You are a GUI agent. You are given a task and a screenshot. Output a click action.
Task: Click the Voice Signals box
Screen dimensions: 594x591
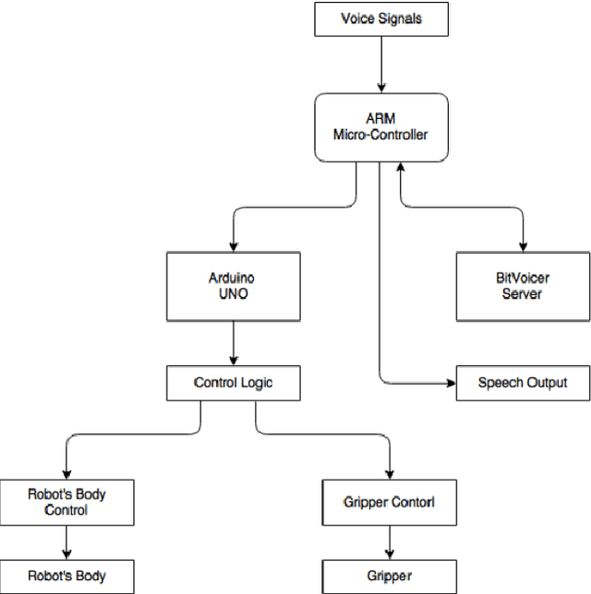pyautogui.click(x=381, y=18)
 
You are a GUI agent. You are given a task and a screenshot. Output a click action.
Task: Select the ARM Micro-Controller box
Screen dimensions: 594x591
pyautogui.click(x=381, y=128)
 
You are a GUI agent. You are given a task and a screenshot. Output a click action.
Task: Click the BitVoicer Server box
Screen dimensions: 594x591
pyautogui.click(x=523, y=287)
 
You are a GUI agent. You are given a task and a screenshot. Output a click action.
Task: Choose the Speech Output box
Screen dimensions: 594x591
pyautogui.click(x=523, y=382)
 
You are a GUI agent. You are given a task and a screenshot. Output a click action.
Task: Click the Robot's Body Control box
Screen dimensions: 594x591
pyautogui.click(x=66, y=502)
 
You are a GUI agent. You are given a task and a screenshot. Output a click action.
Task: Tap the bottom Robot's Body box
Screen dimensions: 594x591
pyautogui.click(x=66, y=576)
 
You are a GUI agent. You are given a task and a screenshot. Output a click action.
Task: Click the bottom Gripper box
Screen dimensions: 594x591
pyautogui.click(x=389, y=576)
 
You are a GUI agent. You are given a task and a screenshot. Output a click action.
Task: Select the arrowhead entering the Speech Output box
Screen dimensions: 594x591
pyautogui.click(x=451, y=382)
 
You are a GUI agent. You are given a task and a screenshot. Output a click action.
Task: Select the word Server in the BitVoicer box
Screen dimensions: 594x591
pyautogui.click(x=523, y=295)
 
